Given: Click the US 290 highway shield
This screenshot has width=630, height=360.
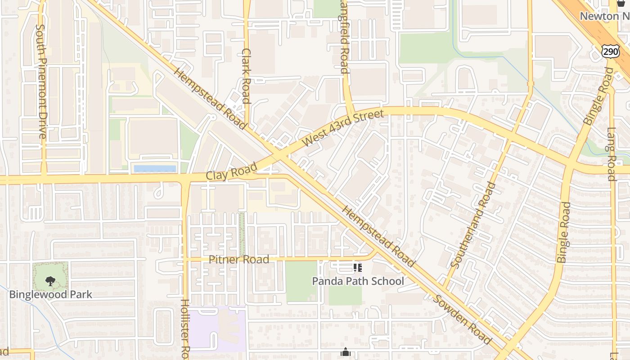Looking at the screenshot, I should tap(610, 51).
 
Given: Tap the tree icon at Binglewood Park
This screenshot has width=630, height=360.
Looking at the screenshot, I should tap(50, 281).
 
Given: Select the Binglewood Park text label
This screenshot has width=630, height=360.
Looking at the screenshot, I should tap(50, 295).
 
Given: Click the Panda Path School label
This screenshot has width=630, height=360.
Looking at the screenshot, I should tap(358, 281).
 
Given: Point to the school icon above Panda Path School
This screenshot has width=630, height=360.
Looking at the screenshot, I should tap(358, 268).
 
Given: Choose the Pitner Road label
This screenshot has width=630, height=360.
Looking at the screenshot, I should tap(239, 259).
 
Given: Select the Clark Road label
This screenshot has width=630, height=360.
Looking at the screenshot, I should tap(246, 76).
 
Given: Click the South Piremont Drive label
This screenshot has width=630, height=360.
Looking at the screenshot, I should tap(41, 81).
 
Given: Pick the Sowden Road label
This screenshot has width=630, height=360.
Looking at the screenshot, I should tap(463, 319).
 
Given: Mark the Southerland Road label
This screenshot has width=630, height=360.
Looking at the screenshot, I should tap(473, 225).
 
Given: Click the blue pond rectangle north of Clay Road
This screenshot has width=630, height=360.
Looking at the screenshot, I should tap(155, 169).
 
